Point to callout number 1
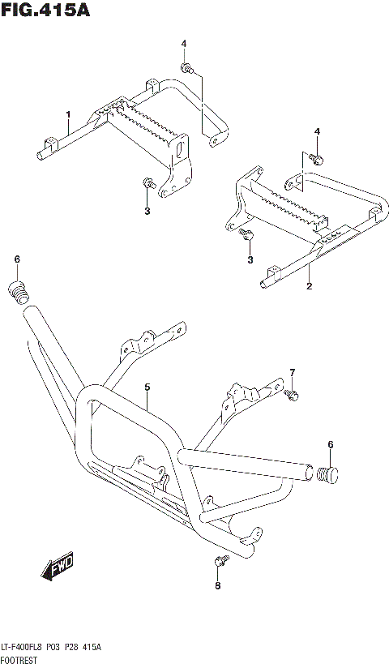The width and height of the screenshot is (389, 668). tap(69, 114)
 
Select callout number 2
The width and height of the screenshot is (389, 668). tap(309, 286)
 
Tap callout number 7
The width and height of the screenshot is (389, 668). tap(293, 372)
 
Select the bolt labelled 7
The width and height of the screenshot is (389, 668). tap(291, 395)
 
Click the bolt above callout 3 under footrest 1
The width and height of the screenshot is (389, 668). tap(147, 184)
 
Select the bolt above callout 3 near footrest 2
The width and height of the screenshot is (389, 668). tap(248, 235)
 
